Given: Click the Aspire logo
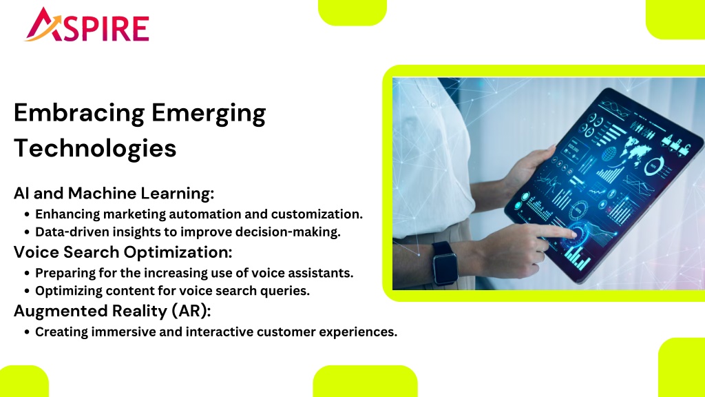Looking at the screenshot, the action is click(86, 25).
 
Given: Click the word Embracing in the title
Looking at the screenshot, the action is click(79, 114).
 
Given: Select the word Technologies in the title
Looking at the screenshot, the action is click(95, 149).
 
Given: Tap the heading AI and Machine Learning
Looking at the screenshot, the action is click(114, 193).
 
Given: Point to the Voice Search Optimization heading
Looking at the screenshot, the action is click(123, 252).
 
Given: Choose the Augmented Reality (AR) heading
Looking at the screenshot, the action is click(112, 311).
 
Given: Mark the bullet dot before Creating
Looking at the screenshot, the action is click(27, 332).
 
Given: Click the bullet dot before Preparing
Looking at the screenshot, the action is click(27, 273).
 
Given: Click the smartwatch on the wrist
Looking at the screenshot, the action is click(445, 263).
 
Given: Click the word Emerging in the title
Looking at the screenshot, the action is click(209, 114).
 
